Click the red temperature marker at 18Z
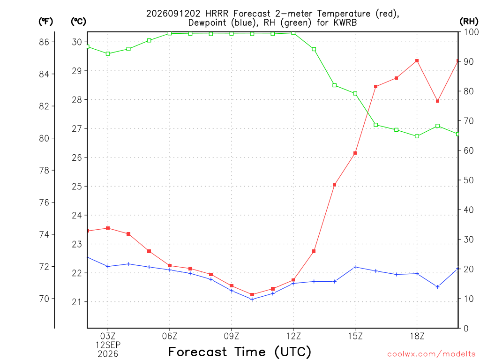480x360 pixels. click(x=417, y=61)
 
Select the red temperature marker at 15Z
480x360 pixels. click(x=355, y=153)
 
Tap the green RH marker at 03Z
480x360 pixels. click(x=108, y=54)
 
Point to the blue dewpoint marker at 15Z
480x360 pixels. click(x=355, y=267)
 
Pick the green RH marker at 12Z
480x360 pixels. click(x=293, y=33)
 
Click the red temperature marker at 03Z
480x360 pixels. click(x=108, y=228)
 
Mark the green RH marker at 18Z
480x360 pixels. click(x=417, y=136)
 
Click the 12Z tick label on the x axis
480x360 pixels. click(x=293, y=336)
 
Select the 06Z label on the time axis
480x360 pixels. click(x=170, y=336)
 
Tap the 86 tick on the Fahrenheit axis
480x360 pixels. click(x=44, y=42)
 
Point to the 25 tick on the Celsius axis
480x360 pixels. click(x=77, y=187)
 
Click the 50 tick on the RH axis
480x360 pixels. click(x=469, y=180)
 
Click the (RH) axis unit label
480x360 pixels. click(x=469, y=22)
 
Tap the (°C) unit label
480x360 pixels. click(x=78, y=22)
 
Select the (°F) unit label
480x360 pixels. click(x=45, y=22)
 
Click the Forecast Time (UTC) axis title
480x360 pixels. click(x=240, y=352)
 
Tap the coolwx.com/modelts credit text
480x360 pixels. click(x=431, y=354)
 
